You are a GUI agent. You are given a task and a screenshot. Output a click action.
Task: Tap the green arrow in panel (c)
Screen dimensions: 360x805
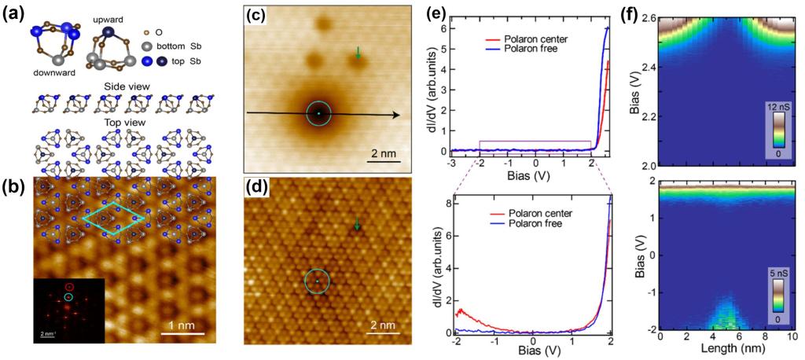click(x=358, y=53)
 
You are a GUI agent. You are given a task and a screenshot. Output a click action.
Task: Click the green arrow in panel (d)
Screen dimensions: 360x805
click(x=358, y=225)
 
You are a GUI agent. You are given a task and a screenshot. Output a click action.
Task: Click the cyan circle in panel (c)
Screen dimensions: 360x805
click(x=318, y=114)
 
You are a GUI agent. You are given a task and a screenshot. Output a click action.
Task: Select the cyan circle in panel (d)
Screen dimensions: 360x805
click(x=318, y=281)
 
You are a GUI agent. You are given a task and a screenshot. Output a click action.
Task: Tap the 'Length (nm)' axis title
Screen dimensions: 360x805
click(x=726, y=350)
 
